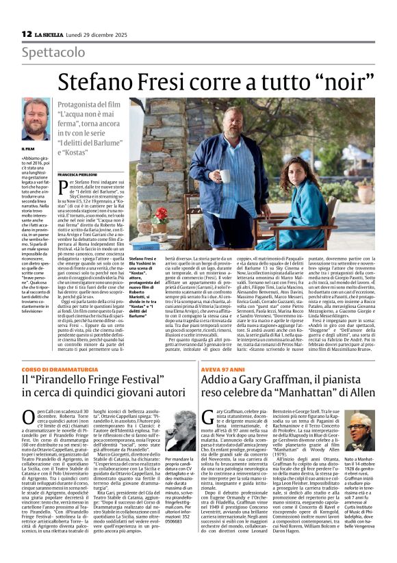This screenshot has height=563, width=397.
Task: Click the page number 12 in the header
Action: click(26, 34)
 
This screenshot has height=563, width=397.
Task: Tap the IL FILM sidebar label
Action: click(28, 148)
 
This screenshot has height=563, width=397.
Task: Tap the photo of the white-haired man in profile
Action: click(181, 438)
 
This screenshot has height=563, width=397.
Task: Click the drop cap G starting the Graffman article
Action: click(209, 418)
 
